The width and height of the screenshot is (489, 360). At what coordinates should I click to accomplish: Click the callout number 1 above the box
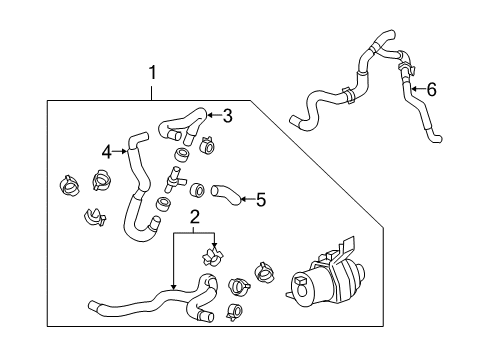click(x=152, y=72)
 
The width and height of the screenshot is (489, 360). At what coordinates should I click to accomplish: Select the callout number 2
click(x=195, y=216)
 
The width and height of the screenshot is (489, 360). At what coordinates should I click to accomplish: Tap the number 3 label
click(x=227, y=116)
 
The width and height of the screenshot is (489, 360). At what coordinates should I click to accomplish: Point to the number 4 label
click(x=106, y=153)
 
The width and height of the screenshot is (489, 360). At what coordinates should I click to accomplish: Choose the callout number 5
click(x=260, y=199)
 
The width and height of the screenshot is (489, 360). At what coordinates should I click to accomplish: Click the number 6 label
click(x=431, y=89)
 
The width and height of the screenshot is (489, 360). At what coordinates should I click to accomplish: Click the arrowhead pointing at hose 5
click(x=240, y=198)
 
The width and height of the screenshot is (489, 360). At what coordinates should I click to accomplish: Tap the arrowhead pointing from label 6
click(x=410, y=90)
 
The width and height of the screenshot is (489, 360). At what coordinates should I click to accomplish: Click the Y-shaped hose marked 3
click(x=180, y=126)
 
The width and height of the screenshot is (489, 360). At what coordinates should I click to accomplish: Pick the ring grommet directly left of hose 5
click(x=198, y=188)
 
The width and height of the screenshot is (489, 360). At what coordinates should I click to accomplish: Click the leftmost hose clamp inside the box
click(x=69, y=187)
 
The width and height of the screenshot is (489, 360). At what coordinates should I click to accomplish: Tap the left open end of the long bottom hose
click(x=93, y=305)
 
